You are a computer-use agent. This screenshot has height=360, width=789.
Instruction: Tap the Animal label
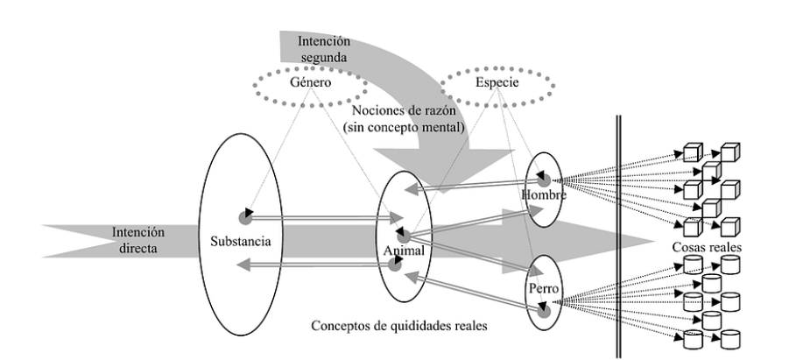pos(404,251)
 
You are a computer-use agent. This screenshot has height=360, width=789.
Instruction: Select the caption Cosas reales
pos(711,249)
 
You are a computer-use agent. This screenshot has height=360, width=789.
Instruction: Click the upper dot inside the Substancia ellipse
pos(245,215)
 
